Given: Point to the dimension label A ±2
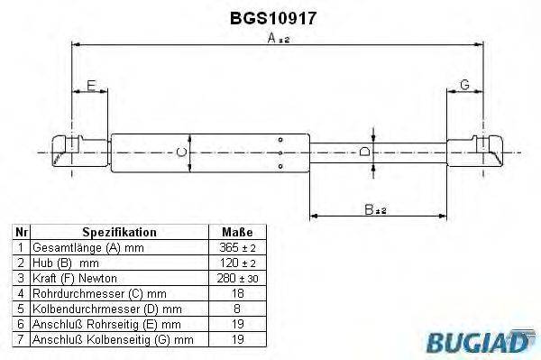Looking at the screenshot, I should (276, 38).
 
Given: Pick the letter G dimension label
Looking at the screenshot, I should (465, 85).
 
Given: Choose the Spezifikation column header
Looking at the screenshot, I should (119, 232).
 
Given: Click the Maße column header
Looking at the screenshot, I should (237, 232).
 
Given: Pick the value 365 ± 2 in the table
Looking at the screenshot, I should (237, 247).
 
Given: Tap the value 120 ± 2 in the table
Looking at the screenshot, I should (237, 263).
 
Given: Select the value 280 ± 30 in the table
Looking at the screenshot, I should (237, 278).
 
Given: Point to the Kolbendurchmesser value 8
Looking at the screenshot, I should (237, 309).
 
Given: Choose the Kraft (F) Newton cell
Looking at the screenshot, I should (77, 278).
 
